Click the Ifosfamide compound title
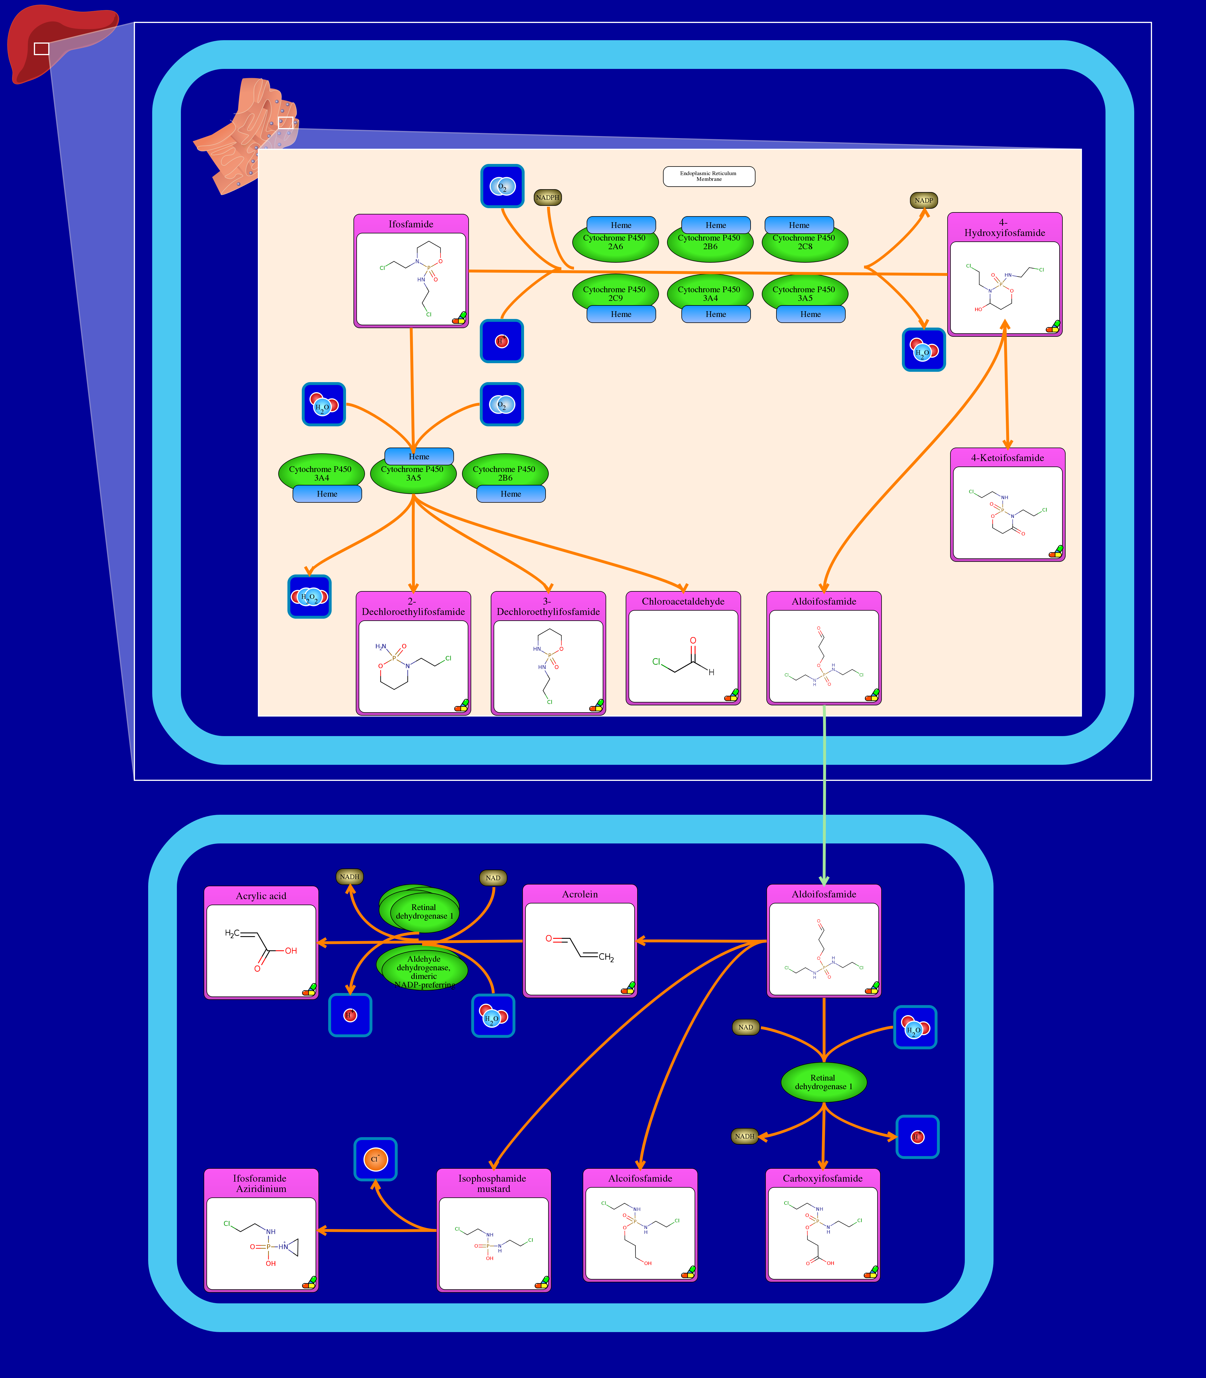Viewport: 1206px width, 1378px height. (411, 224)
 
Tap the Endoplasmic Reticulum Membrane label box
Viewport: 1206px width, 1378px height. (709, 176)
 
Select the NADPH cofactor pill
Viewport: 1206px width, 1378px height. (547, 198)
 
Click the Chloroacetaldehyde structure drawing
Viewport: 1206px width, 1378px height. (683, 656)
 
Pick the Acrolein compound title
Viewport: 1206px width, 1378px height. (579, 894)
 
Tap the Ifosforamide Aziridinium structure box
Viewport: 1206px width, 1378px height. (261, 1243)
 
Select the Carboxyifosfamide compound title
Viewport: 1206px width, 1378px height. (822, 1178)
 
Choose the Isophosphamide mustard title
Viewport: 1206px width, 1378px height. (493, 1183)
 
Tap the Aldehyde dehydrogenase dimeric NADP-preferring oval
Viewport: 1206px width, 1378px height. (424, 969)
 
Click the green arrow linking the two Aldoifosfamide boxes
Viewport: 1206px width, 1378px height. (824, 794)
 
